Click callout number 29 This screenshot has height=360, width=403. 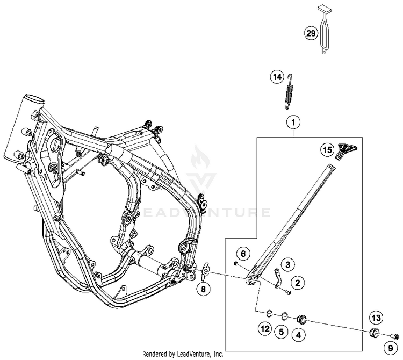[311, 33]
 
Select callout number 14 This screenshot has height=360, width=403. [276, 77]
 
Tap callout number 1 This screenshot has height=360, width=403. [293, 123]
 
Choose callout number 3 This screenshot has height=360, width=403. [288, 264]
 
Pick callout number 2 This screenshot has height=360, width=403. [296, 281]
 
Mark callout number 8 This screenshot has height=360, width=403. [203, 290]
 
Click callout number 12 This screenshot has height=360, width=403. [264, 328]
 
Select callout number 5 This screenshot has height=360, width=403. [280, 332]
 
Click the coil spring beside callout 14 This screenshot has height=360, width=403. [291, 89]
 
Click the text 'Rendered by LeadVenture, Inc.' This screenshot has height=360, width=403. [183, 355]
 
